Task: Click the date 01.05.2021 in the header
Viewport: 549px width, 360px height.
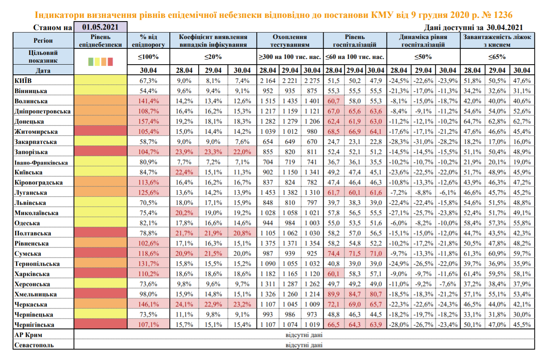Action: coord(100,27)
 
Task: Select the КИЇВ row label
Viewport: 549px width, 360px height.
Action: coord(24,80)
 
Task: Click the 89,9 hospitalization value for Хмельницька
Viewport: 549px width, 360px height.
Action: coord(335,294)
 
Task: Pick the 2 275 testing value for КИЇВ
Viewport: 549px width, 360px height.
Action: coord(312,80)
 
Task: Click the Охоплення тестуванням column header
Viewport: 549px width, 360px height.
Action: coord(290,40)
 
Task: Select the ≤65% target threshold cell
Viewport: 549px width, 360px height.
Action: coord(497,56)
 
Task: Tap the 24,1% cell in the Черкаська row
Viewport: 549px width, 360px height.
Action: coord(184,304)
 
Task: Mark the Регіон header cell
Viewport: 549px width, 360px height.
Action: coord(43,40)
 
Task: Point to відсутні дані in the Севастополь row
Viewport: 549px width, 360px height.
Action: coord(305,345)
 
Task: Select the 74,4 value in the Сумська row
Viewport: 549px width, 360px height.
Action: coord(335,254)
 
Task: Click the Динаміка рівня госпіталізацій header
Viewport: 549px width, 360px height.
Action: coord(424,40)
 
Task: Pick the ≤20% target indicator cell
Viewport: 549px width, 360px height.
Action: coord(213,56)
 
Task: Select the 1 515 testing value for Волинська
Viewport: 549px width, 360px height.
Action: coord(267,101)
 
